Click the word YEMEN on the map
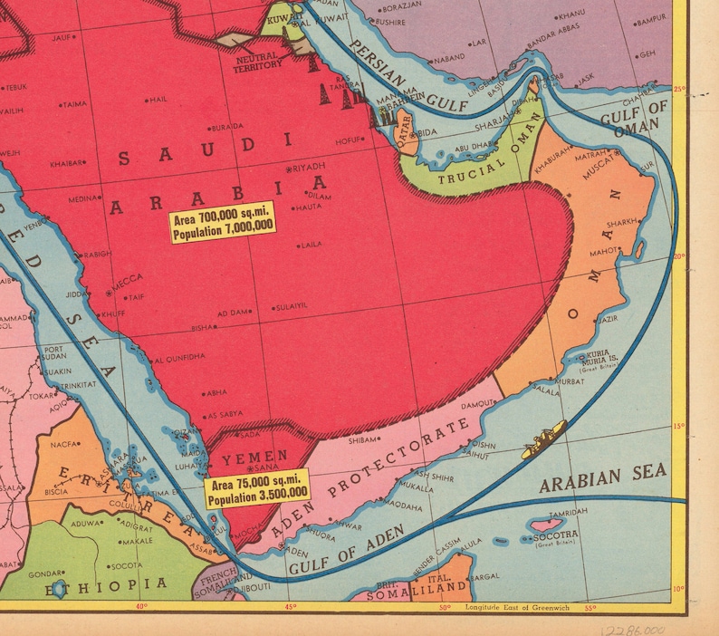point(254,455)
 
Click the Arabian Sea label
point(602,478)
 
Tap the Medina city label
point(84,198)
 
